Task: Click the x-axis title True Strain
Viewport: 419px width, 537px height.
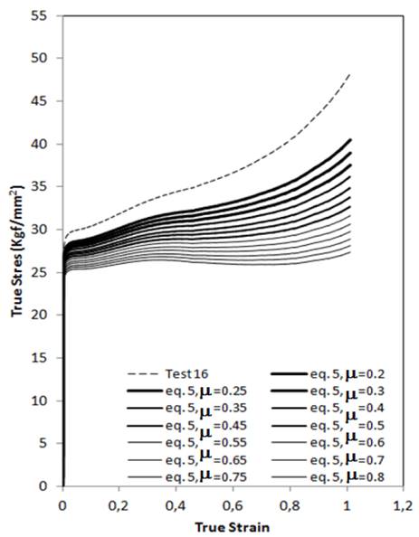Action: pyautogui.click(x=233, y=525)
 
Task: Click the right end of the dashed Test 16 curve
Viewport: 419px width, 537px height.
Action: pyautogui.click(x=349, y=74)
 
